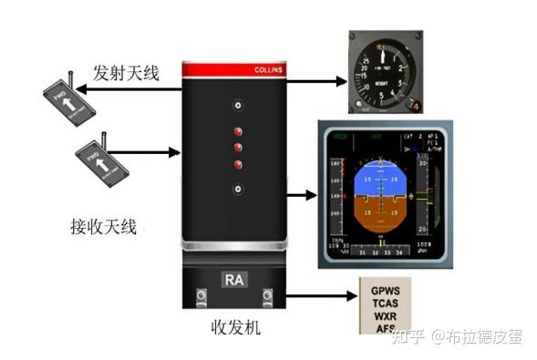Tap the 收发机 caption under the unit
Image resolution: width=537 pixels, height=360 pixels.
[235, 325]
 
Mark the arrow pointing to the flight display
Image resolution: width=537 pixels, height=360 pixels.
[301, 193]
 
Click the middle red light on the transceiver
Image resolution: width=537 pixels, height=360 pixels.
[237, 147]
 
